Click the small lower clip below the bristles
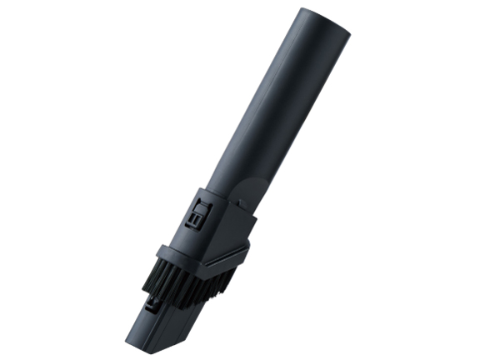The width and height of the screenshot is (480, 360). (x=152, y=307)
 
